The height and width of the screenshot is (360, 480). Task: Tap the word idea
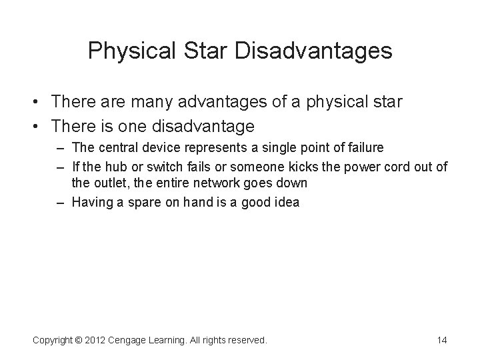[x=287, y=203]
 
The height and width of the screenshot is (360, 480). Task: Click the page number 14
[x=441, y=340]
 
